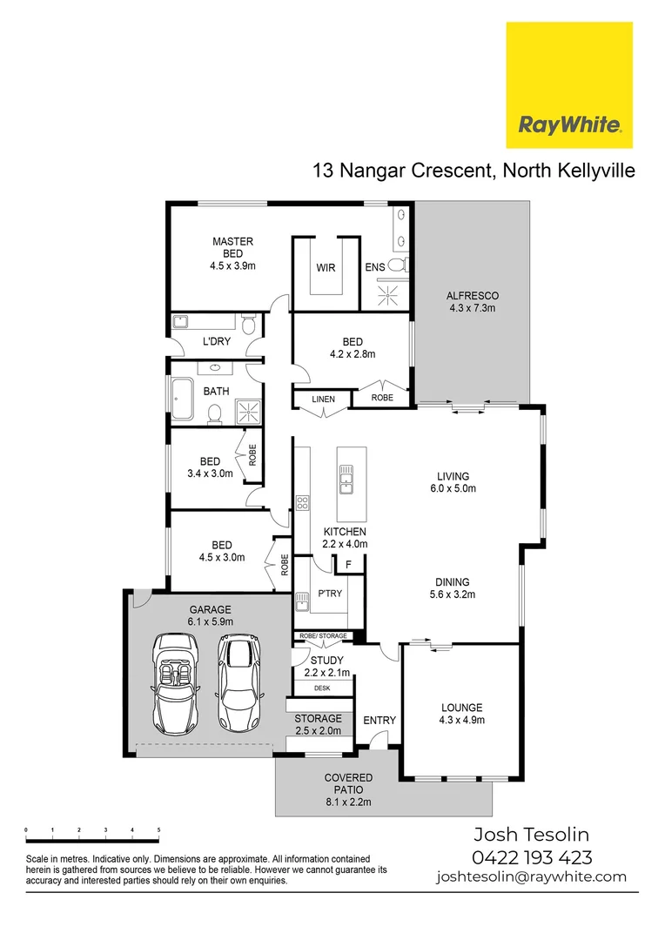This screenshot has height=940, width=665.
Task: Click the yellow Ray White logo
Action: click(569, 85)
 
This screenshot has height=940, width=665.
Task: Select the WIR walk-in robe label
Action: click(326, 268)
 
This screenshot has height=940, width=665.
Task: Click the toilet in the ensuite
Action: click(397, 265)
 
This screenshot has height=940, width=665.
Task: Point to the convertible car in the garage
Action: click(176, 685)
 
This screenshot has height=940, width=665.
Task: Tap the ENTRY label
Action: click(380, 720)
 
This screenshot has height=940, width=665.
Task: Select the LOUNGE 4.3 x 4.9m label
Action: click(461, 714)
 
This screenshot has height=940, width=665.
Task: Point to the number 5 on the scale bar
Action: click(158, 830)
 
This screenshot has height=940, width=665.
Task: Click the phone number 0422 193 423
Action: click(532, 856)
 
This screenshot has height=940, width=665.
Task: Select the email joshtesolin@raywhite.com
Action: click(531, 876)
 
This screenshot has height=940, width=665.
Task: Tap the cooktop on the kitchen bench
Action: click(303, 504)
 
